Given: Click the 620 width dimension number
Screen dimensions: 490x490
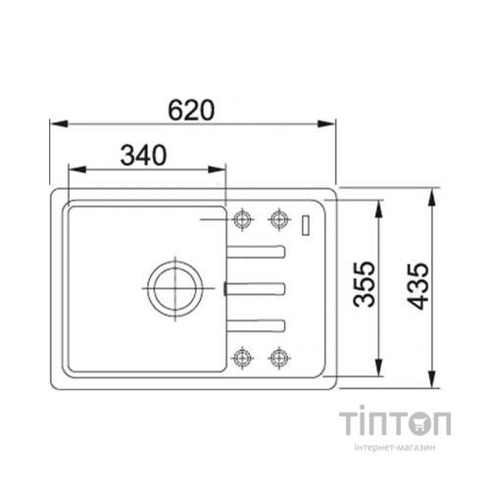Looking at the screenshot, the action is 191,110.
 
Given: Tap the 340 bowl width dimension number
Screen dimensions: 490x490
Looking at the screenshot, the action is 143,155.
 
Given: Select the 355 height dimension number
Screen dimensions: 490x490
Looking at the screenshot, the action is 365,283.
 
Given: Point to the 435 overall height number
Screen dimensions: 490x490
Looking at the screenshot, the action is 417,286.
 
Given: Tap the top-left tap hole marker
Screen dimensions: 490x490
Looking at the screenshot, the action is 242,220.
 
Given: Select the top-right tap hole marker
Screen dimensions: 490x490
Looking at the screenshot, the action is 279,220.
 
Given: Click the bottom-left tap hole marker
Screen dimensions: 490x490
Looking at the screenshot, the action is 242,358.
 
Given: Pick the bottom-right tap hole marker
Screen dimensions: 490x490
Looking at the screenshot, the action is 279,358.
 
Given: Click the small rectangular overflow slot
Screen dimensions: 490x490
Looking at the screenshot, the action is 306,224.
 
